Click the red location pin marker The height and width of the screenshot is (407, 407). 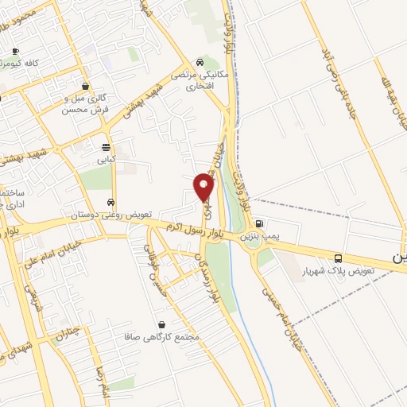pyautogui.click(x=204, y=188)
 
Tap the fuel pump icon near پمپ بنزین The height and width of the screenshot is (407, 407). pyautogui.click(x=262, y=223)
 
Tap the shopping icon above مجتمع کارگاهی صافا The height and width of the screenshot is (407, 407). pyautogui.click(x=163, y=324)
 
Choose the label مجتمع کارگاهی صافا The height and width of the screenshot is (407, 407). pyautogui.click(x=165, y=337)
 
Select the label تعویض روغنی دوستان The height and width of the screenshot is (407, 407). pyautogui.click(x=111, y=215)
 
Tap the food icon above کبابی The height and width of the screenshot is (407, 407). pyautogui.click(x=107, y=146)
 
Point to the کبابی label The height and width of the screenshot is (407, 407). pyautogui.click(x=107, y=159)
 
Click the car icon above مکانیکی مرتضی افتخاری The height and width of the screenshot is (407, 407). pyautogui.click(x=199, y=63)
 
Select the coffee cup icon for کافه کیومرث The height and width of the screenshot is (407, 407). pyautogui.click(x=15, y=51)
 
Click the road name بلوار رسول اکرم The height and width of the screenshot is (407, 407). pyautogui.click(x=188, y=230)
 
